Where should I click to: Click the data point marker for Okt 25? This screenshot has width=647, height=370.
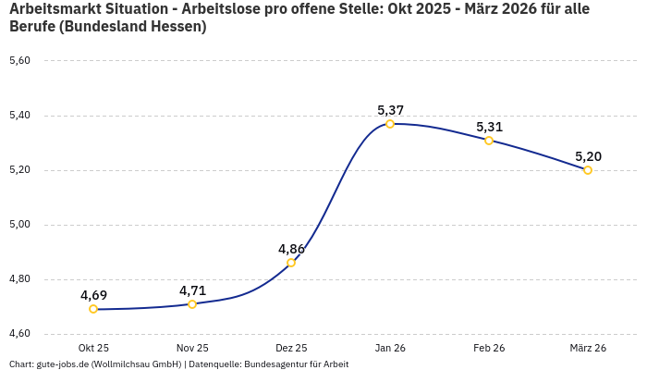pyautogui.click(x=93, y=309)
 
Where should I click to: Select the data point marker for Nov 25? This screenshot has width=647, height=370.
pyautogui.click(x=192, y=304)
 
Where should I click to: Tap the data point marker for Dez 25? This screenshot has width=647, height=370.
pyautogui.click(x=291, y=263)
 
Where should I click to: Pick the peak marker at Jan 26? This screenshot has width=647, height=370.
pyautogui.click(x=390, y=124)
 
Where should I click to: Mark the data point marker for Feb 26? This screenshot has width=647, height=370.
pyautogui.click(x=489, y=141)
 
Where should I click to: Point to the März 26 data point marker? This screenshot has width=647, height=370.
pyautogui.click(x=588, y=170)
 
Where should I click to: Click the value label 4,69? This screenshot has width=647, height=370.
pyautogui.click(x=93, y=295)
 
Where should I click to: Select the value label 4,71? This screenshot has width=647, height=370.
pyautogui.click(x=192, y=290)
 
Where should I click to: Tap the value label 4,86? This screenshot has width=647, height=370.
pyautogui.click(x=291, y=249)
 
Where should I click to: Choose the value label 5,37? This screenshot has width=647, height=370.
pyautogui.click(x=390, y=110)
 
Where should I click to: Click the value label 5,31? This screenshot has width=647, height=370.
pyautogui.click(x=489, y=127)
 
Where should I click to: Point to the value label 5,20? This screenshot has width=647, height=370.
pyautogui.click(x=588, y=156)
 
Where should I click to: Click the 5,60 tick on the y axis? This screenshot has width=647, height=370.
pyautogui.click(x=19, y=61)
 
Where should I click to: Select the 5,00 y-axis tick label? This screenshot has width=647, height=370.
pyautogui.click(x=19, y=225)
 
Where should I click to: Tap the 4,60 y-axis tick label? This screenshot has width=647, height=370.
pyautogui.click(x=19, y=334)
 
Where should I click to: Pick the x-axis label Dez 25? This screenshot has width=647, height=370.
pyautogui.click(x=291, y=348)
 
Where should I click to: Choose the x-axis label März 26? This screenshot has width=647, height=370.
pyautogui.click(x=588, y=348)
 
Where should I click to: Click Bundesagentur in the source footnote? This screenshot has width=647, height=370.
pyautogui.click(x=276, y=364)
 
